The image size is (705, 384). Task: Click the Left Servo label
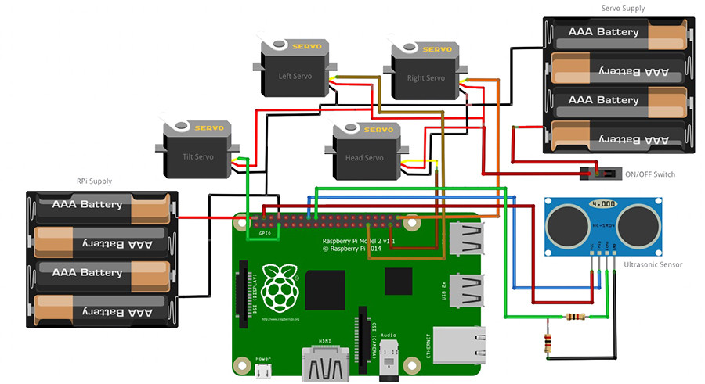click(x=295, y=77)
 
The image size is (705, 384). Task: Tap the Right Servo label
click(x=425, y=78)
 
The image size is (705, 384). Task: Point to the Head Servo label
click(x=364, y=158)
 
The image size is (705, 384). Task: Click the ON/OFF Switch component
click(x=600, y=172)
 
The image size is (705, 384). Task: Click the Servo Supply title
click(x=623, y=9)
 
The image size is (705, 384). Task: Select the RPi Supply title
click(x=94, y=181)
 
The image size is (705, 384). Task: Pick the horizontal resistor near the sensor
click(x=576, y=317)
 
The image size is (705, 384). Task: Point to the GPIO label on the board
click(x=264, y=233)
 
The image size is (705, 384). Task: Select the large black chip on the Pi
click(x=326, y=287)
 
